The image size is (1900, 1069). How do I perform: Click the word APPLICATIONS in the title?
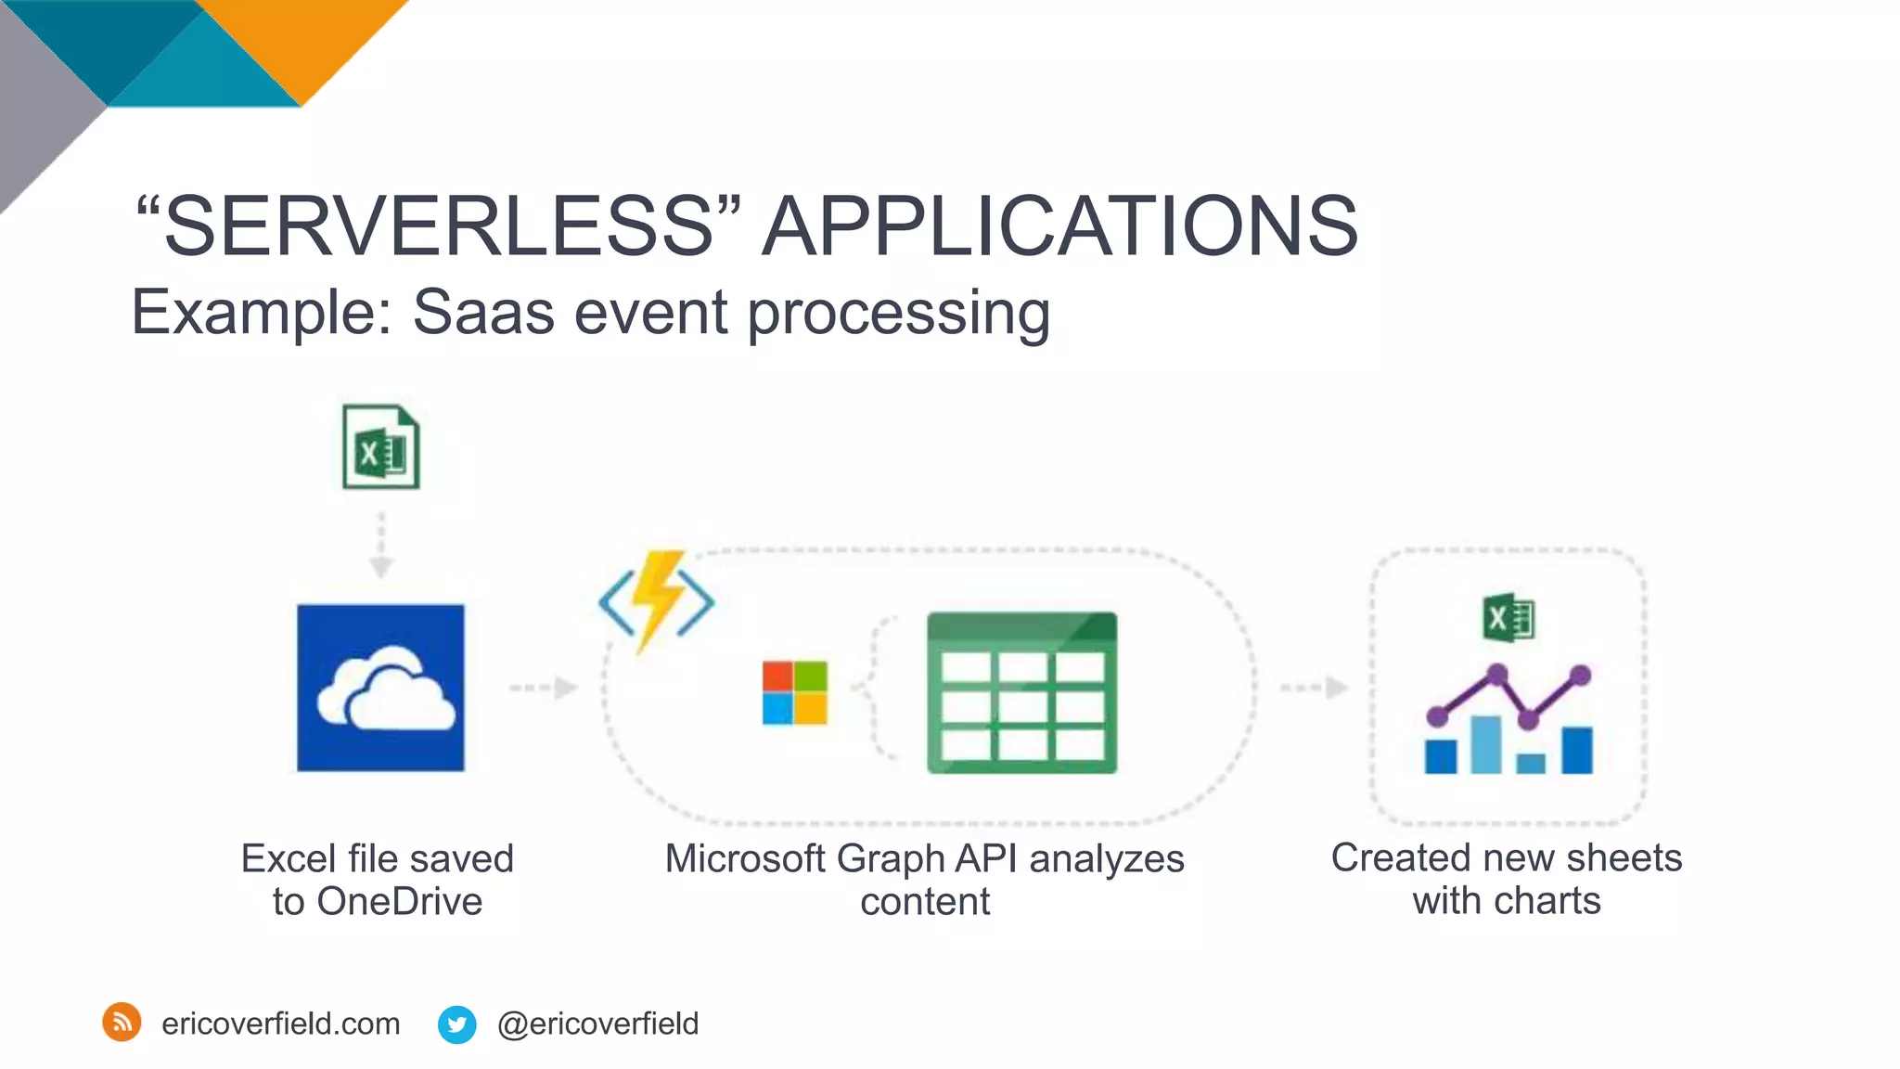pyautogui.click(x=1059, y=226)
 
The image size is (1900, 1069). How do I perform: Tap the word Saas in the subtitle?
pyautogui.click(x=483, y=313)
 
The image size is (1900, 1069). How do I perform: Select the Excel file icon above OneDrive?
pyautogui.click(x=380, y=447)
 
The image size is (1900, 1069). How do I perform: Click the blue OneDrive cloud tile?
pyautogui.click(x=380, y=688)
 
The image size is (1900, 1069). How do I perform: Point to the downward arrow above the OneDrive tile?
pyautogui.click(x=381, y=547)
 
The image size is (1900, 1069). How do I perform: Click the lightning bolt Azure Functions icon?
pyautogui.click(x=657, y=599)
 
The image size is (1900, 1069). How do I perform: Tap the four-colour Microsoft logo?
pyautogui.click(x=794, y=692)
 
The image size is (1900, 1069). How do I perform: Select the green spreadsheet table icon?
pyautogui.click(x=1021, y=692)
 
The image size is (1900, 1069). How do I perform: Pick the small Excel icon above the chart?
pyautogui.click(x=1508, y=618)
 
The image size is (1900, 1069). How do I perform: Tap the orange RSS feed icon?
pyautogui.click(x=122, y=1023)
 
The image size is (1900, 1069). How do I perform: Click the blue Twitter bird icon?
pyautogui.click(x=456, y=1024)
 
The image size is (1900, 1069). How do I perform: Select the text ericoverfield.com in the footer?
pyautogui.click(x=280, y=1024)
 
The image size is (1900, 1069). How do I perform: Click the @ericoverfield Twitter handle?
pyautogui.click(x=597, y=1024)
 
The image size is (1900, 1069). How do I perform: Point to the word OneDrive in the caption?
pyautogui.click(x=400, y=902)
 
